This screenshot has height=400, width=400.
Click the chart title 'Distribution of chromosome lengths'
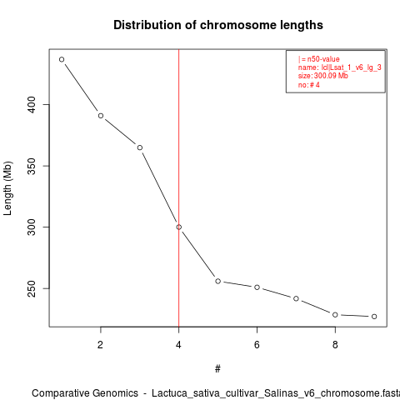[x=218, y=25]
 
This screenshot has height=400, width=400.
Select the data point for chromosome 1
[x=62, y=59]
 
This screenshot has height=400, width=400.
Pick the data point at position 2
[x=101, y=116]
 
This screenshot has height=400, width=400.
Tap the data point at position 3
[x=140, y=147]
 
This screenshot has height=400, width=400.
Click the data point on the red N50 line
[x=179, y=227]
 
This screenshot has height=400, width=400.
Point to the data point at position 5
[x=218, y=281]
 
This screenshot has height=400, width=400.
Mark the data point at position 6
[x=257, y=287]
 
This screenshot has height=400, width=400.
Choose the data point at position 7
[x=296, y=298]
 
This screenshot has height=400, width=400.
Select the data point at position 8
[x=335, y=315]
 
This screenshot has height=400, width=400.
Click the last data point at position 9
[x=374, y=317]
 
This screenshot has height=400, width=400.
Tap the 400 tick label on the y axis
[x=32, y=105]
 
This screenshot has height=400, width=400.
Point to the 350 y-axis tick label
[x=32, y=166]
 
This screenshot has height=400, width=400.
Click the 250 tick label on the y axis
[x=32, y=288]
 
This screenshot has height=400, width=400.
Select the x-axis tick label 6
[x=257, y=345]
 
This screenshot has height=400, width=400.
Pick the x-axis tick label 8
[x=335, y=345]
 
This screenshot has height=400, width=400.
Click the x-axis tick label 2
[x=101, y=345]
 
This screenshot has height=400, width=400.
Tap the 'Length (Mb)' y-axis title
[x=7, y=188]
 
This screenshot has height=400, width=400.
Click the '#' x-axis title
[x=217, y=369]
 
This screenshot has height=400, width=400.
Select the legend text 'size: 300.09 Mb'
[x=323, y=76]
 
